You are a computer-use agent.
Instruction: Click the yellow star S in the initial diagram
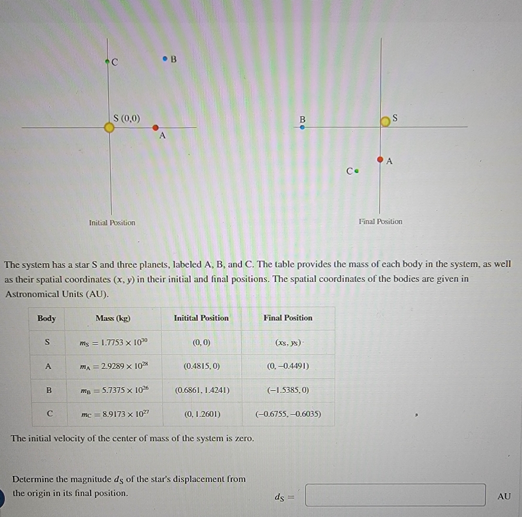point(110,128)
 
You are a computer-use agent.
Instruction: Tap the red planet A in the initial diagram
point(155,128)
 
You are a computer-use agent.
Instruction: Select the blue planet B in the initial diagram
point(165,59)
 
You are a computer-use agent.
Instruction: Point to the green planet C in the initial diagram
point(108,61)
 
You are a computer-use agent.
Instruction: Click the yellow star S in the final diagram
point(385,122)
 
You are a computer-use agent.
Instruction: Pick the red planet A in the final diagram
point(380,159)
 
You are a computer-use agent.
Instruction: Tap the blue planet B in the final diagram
point(302,127)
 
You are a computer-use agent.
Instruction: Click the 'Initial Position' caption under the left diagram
point(112,223)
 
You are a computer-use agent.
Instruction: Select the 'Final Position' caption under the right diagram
point(380,221)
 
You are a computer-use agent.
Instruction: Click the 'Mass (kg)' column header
point(113,318)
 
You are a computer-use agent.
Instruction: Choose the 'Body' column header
point(47,318)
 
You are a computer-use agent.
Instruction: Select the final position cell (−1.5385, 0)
point(288,390)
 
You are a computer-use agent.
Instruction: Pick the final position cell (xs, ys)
point(288,343)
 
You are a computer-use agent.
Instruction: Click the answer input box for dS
point(395,495)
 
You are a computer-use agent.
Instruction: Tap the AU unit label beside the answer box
point(504,496)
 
